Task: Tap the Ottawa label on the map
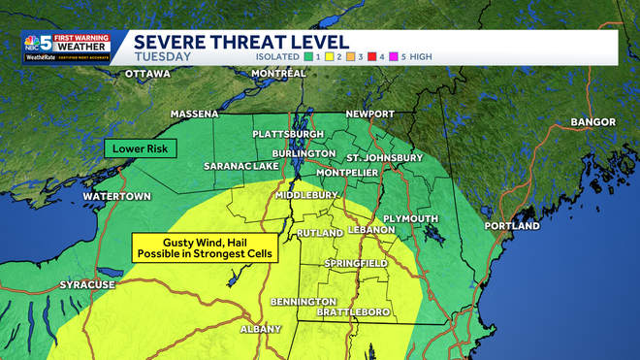pos(147,74)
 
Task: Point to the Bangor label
pos(593,122)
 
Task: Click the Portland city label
pos(512,226)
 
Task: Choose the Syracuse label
pos(87,285)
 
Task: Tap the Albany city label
pos(261,329)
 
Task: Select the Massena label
pos(194,115)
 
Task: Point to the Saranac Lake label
pos(241,166)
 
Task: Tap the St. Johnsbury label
pos(385,157)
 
